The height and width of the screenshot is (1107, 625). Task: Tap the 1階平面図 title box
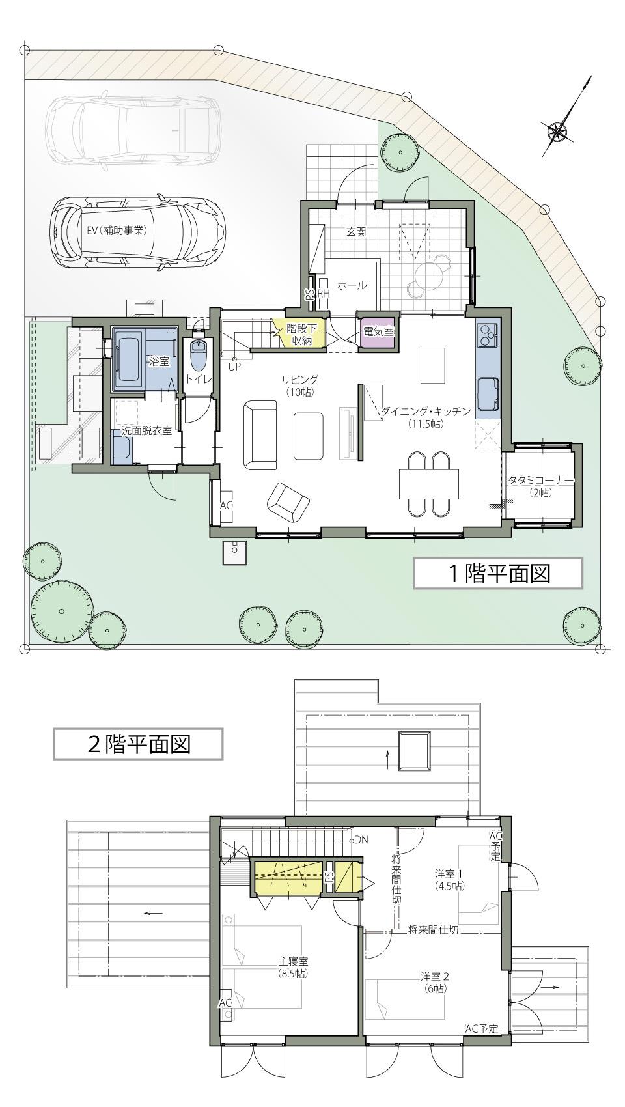click(x=497, y=573)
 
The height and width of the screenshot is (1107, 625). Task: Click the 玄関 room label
click(x=355, y=231)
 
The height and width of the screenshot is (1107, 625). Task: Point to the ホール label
click(x=352, y=285)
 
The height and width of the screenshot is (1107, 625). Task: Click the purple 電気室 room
click(x=378, y=332)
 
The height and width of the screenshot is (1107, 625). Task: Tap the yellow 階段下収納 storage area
click(x=299, y=335)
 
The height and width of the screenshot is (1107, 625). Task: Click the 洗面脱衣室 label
click(x=147, y=430)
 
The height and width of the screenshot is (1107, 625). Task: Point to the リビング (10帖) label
click(x=299, y=385)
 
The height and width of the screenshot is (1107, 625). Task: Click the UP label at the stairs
click(x=234, y=366)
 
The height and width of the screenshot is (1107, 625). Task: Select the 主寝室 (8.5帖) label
click(x=293, y=967)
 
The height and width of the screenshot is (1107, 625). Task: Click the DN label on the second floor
click(x=361, y=840)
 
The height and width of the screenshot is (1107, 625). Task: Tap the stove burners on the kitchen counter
click(x=487, y=335)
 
